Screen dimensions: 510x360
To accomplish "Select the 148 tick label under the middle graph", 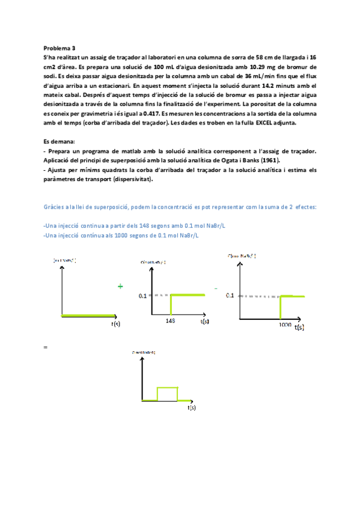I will [170, 321].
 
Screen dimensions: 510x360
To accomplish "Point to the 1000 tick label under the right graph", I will [285, 324].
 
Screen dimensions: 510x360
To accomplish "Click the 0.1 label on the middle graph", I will [142, 296].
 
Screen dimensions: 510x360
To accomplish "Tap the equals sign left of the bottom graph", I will [46, 348].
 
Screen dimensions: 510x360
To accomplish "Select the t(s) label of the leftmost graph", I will [117, 323].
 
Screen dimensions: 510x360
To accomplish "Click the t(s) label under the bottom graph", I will [192, 407].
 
